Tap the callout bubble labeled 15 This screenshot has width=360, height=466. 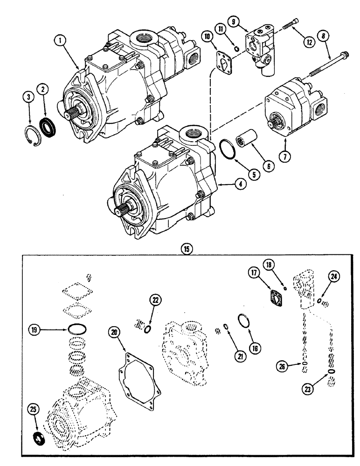[187, 250]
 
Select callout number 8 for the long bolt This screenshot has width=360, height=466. [322, 35]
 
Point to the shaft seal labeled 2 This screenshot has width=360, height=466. [48, 125]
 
